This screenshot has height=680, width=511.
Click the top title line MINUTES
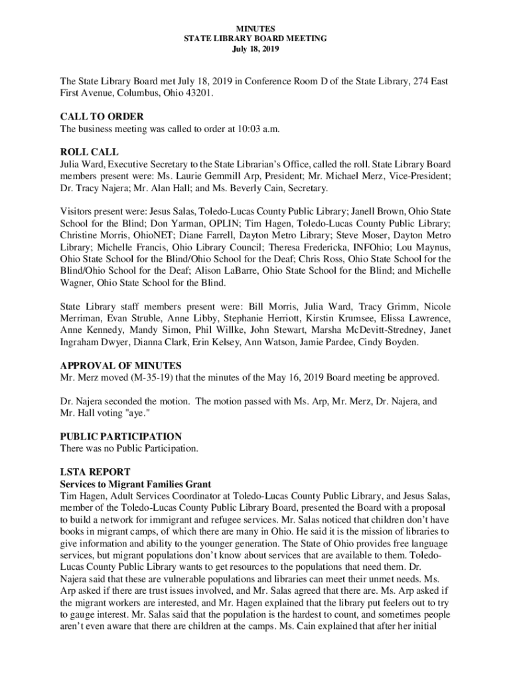coord(255,29)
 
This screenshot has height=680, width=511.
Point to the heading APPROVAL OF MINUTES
coord(121,366)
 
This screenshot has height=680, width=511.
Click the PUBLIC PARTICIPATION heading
coord(121,437)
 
